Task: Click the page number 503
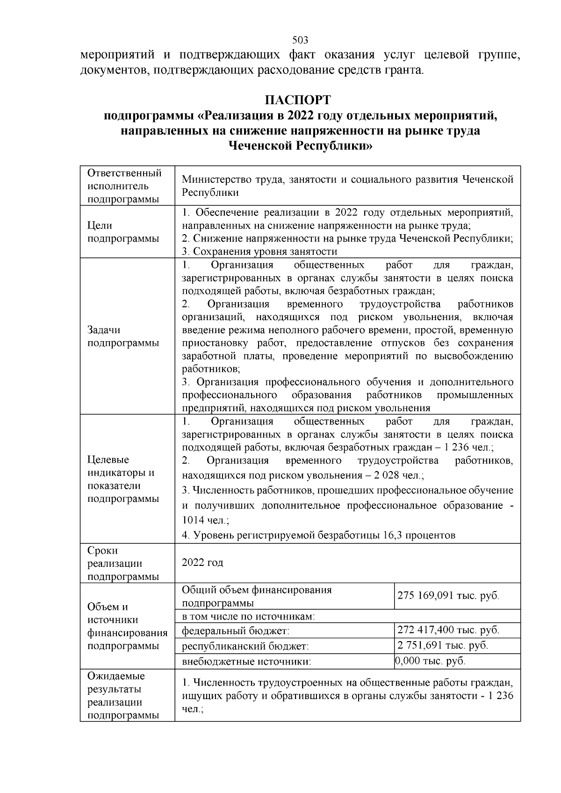click(300, 40)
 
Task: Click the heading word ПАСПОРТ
click(298, 100)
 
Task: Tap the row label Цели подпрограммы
click(123, 232)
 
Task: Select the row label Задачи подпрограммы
click(123, 336)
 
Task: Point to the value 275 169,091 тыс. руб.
click(448, 596)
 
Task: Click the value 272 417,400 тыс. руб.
click(448, 630)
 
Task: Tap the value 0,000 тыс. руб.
click(430, 661)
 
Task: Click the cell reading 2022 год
click(202, 563)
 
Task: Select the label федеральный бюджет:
click(236, 631)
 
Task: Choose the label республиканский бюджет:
click(245, 646)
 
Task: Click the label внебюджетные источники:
click(246, 662)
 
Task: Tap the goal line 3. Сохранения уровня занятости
click(259, 251)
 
